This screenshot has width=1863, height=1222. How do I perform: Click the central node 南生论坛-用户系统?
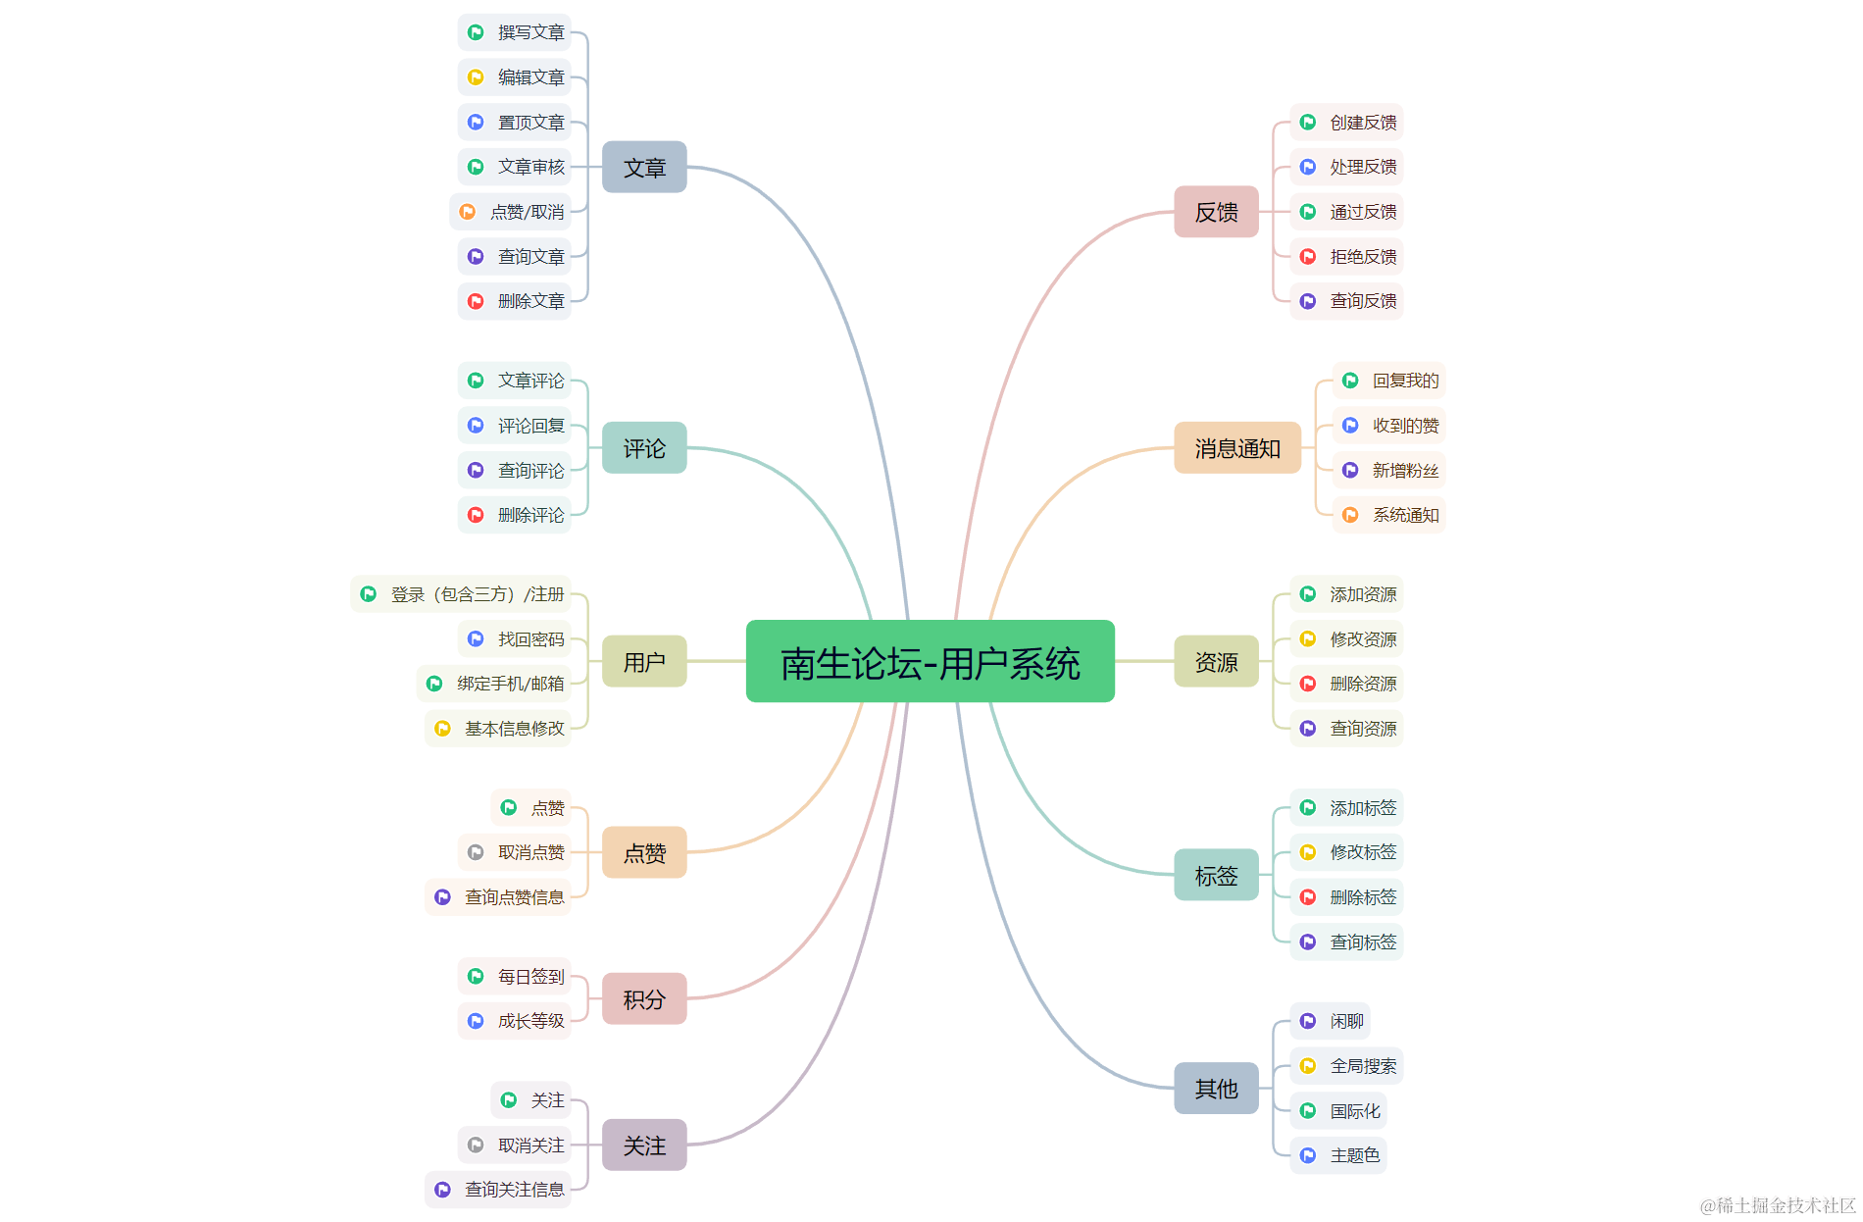(x=930, y=662)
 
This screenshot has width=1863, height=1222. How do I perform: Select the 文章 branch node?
(x=644, y=168)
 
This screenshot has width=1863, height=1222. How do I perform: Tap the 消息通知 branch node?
(x=1236, y=448)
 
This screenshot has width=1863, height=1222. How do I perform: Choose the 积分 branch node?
(x=644, y=998)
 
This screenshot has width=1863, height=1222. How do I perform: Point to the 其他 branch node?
(x=1216, y=1088)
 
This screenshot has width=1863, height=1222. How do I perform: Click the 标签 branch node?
(x=1216, y=875)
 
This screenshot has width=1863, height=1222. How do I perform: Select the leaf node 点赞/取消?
(x=511, y=212)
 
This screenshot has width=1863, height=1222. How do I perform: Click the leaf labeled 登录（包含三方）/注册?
(x=461, y=594)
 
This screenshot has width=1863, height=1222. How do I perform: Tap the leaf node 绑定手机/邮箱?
(x=494, y=684)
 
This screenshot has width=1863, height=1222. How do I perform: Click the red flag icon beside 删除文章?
(x=476, y=301)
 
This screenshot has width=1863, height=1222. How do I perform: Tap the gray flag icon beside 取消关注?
(x=476, y=1146)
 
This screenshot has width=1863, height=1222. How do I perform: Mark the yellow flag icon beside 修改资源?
(x=1308, y=639)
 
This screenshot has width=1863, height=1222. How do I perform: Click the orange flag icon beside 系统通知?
(x=1350, y=515)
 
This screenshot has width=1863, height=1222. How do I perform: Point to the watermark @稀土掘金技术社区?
(x=1777, y=1205)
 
